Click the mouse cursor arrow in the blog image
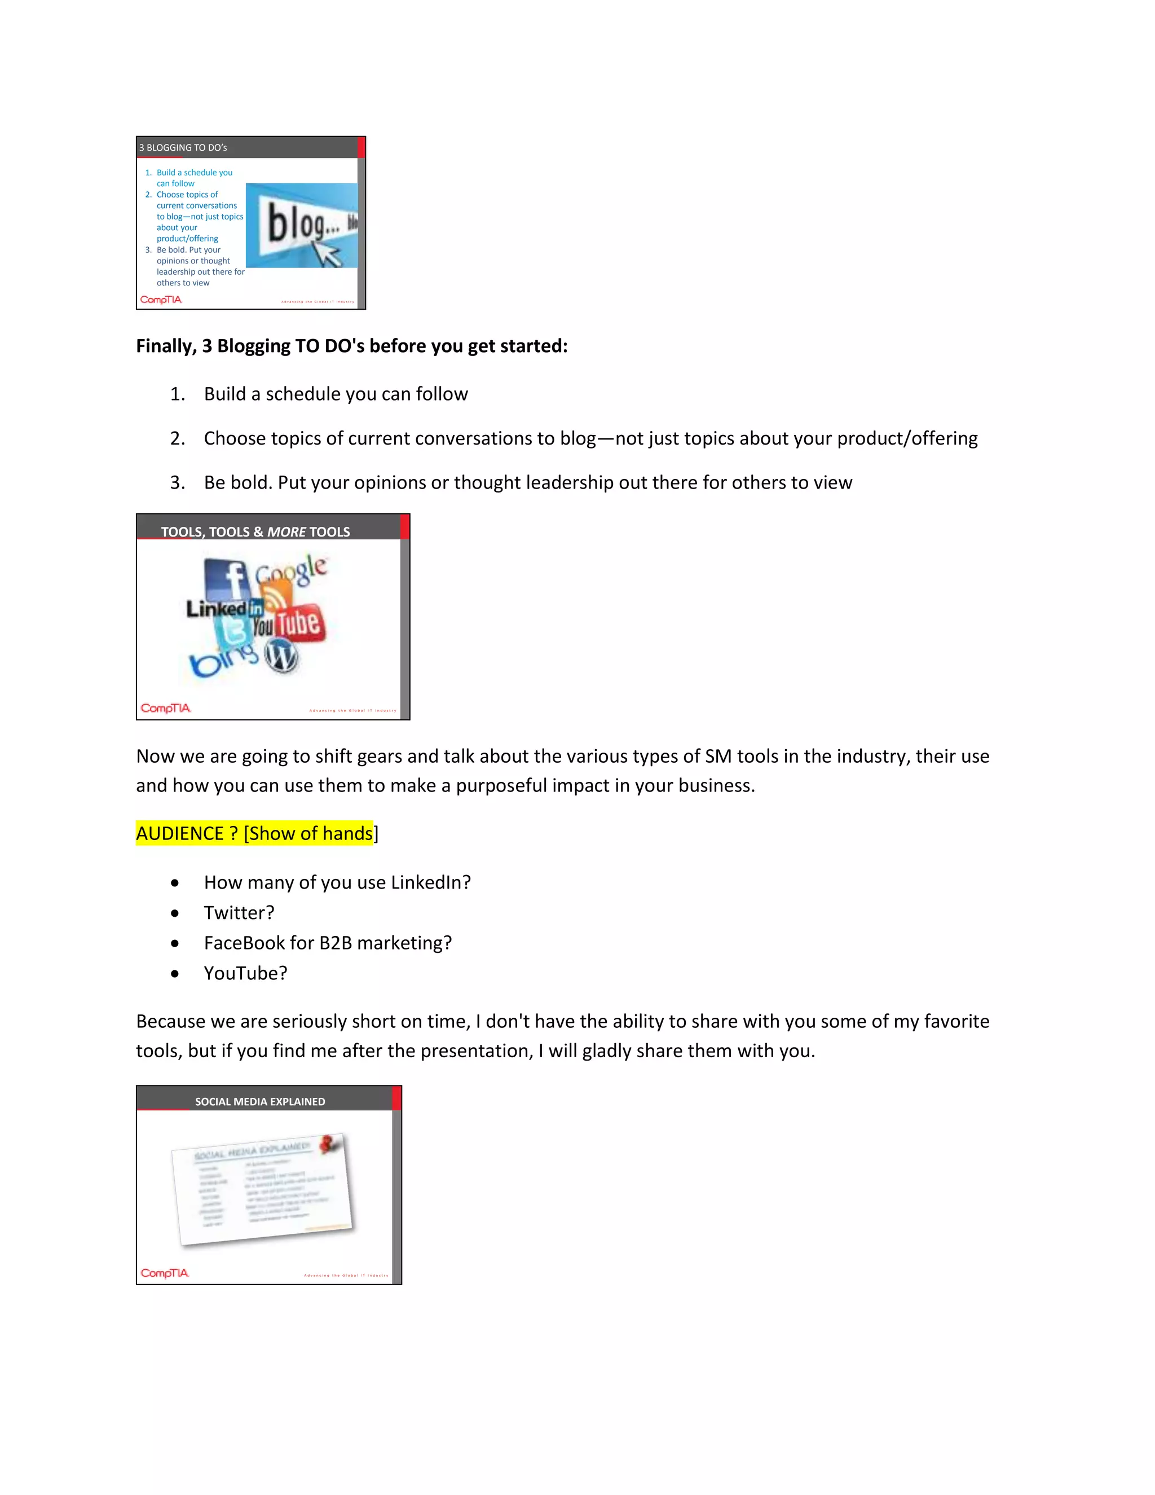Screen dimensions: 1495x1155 tap(327, 254)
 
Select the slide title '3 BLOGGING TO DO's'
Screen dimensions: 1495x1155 tap(183, 148)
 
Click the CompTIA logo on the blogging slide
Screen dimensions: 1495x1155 tap(161, 300)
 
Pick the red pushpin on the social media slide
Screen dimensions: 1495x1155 tap(330, 1142)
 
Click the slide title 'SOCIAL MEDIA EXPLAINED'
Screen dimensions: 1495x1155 tap(260, 1101)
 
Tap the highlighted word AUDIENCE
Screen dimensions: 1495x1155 tap(180, 834)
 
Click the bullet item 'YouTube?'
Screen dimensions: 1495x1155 tap(245, 973)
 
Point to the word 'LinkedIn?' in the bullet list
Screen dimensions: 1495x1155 tap(430, 882)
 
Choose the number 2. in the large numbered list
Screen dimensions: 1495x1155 tap(177, 439)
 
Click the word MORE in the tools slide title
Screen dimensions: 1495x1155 tap(286, 532)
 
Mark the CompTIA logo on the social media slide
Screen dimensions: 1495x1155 tap(165, 1273)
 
